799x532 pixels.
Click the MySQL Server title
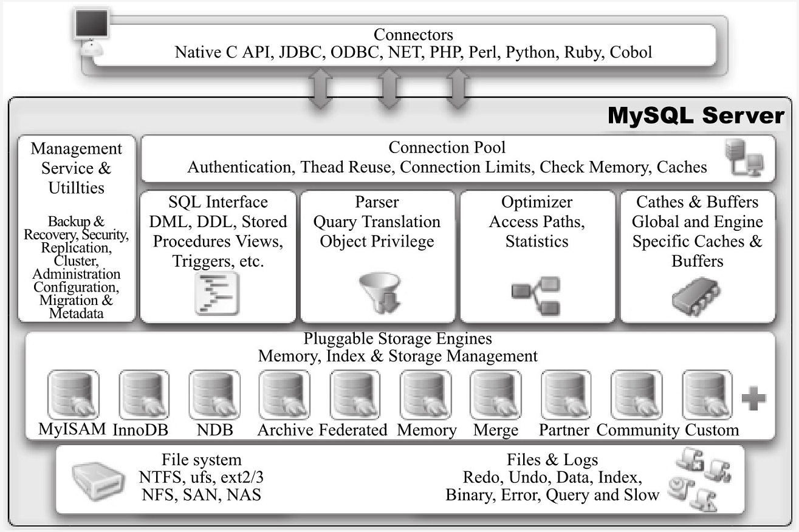[x=696, y=115]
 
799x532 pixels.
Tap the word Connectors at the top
[x=413, y=35]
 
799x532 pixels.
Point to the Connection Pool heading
[x=447, y=148]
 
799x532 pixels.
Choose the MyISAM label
[x=73, y=430]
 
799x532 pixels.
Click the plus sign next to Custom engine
[x=754, y=398]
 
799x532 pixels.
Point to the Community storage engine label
[x=637, y=430]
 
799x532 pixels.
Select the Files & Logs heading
[x=552, y=460]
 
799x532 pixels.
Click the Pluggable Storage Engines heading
[x=397, y=338]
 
